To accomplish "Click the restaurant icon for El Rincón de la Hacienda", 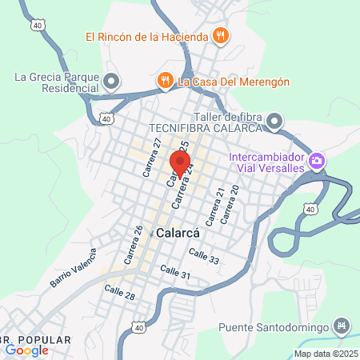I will [x=222, y=36].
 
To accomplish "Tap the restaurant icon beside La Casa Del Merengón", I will [x=166, y=80].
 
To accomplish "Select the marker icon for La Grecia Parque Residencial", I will [x=112, y=82].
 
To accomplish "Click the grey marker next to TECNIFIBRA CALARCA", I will [x=274, y=122].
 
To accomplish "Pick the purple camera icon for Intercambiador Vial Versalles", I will [x=318, y=162].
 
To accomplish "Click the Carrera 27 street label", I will [x=152, y=157].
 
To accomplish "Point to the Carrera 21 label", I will [x=213, y=206].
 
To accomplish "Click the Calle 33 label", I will [x=204, y=256].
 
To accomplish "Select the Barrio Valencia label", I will [x=73, y=269].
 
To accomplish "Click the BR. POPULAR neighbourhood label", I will [x=36, y=340].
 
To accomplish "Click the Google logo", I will [x=26, y=350].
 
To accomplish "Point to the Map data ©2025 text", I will [x=326, y=354].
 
